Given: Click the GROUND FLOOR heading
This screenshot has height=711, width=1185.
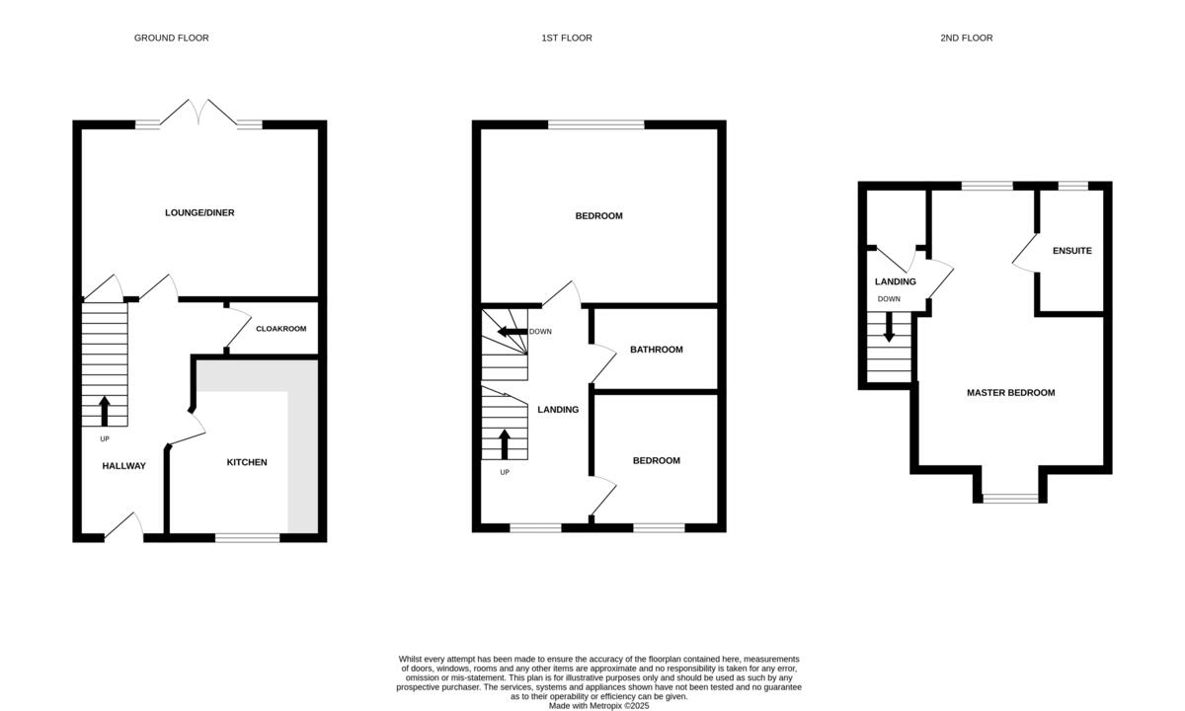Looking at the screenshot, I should pos(172,38).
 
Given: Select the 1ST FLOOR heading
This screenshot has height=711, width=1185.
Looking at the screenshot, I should pos(567,38).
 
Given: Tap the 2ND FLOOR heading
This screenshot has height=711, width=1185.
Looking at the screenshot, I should pos(967,38).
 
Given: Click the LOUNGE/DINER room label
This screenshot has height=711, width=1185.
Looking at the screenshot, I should pos(199,212).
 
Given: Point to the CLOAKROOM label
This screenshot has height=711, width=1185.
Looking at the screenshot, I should pos(281,328).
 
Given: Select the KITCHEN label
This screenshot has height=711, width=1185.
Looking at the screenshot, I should pos(247,462).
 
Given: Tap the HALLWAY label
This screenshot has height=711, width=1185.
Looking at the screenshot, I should pos(124,466).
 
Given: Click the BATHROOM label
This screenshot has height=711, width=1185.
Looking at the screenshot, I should pos(657,350).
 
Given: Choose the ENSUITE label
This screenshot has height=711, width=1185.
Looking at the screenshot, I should pos(1071,251).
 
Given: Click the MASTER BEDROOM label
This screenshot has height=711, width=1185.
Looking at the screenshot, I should pos(1010,393).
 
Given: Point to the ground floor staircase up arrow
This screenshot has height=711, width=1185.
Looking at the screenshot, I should pos(105,411).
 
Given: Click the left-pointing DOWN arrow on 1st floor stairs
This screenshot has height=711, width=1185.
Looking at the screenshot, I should pos(511,332).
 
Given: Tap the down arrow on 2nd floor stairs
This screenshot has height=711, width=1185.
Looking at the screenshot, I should pos(889,328).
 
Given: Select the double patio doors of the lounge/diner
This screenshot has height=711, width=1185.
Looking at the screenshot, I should pos(199,114).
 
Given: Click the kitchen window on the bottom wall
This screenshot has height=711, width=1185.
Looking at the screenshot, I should pos(247,538).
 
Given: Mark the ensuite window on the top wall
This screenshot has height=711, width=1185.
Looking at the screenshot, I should pos(1072,186).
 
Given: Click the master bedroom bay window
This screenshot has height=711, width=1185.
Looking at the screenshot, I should pos(1010,499).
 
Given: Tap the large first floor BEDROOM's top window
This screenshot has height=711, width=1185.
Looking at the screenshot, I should pos(595,124).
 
